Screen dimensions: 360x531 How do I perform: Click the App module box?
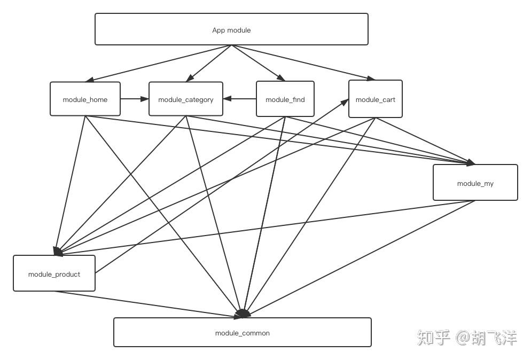[x=231, y=29]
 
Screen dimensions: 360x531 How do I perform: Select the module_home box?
[x=85, y=99]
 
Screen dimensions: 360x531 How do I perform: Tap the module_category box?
[x=185, y=99]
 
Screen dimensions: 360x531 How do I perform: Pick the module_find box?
[x=285, y=99]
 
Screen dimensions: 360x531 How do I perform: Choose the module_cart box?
[x=375, y=99]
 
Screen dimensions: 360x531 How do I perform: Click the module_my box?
[x=475, y=183]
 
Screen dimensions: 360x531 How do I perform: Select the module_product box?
[x=54, y=273]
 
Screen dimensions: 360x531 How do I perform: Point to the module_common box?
[x=242, y=332]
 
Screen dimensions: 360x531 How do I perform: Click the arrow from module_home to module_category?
[x=134, y=99]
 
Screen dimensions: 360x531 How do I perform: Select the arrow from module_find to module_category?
[x=240, y=99]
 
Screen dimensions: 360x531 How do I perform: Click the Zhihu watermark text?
[x=467, y=338]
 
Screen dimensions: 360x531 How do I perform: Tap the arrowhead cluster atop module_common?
[x=243, y=314]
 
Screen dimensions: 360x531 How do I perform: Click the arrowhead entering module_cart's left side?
[x=345, y=102]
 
